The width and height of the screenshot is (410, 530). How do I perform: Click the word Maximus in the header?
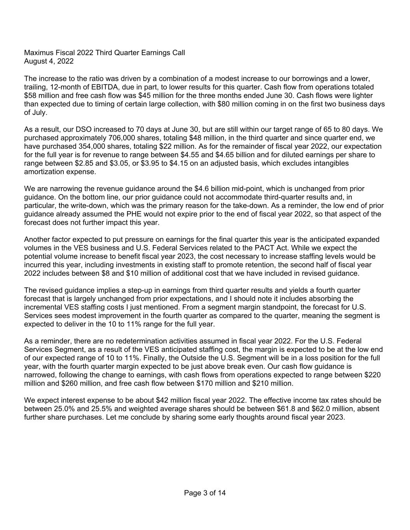(x=38, y=52)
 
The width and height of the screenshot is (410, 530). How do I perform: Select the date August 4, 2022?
(x=49, y=61)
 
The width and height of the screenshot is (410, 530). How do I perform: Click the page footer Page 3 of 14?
(x=205, y=493)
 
